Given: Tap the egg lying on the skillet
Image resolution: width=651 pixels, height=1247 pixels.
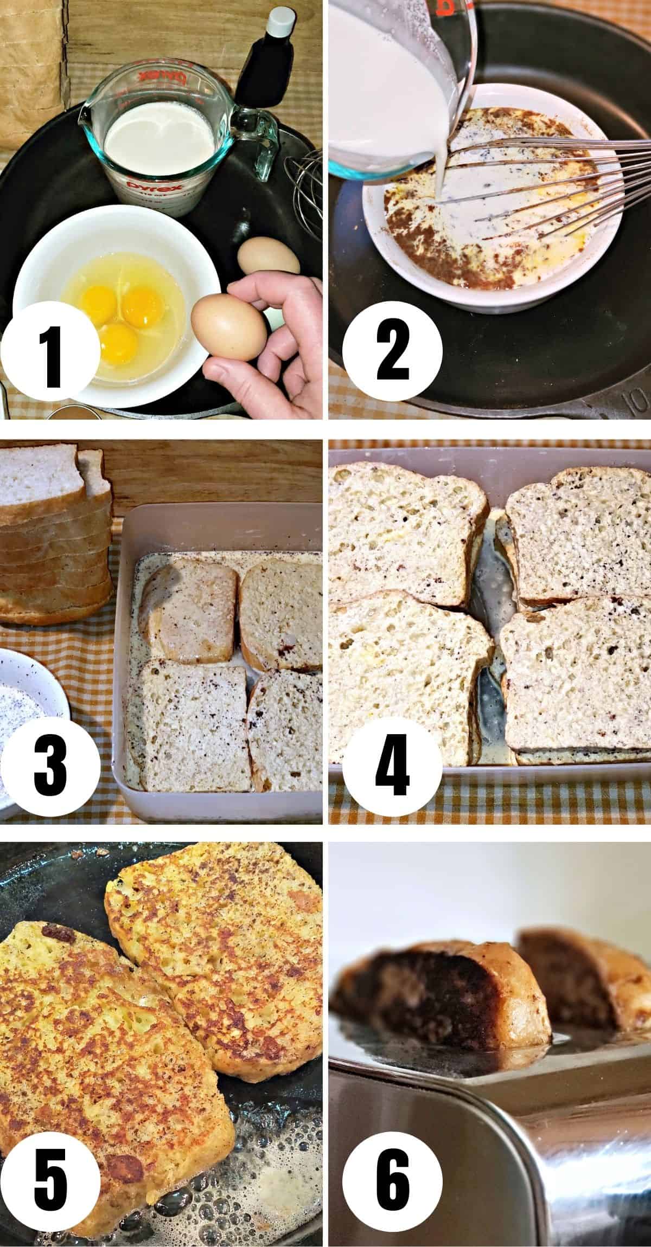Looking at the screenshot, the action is coord(269,256).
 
